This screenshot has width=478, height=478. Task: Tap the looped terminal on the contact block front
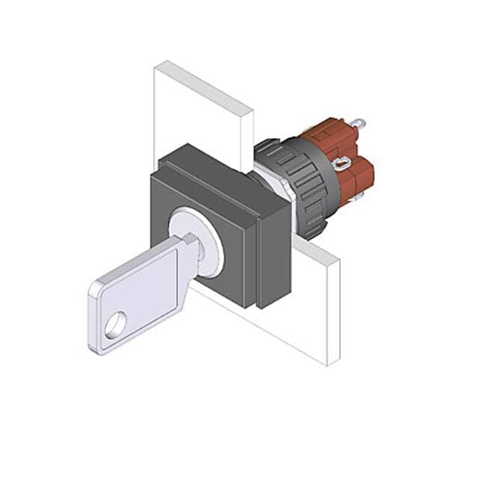pos(342,164)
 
